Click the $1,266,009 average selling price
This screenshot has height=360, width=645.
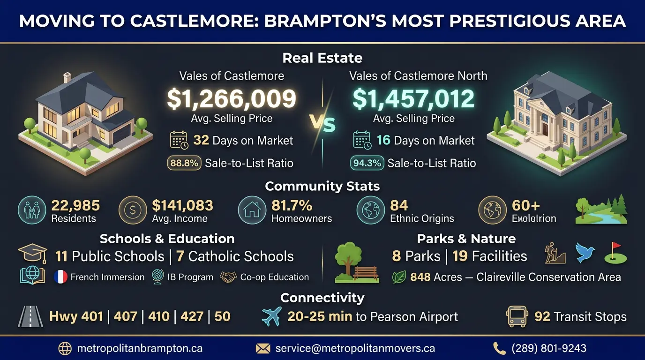(232, 99)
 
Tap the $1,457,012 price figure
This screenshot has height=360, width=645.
(413, 99)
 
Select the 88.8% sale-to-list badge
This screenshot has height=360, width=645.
(184, 163)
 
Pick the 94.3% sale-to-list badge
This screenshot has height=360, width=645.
(367, 163)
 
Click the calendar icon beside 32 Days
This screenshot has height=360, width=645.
(179, 140)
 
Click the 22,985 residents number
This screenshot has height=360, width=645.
(75, 205)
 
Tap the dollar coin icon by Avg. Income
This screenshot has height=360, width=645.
(133, 210)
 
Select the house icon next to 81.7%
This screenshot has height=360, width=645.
(252, 210)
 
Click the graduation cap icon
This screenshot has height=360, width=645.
(32, 254)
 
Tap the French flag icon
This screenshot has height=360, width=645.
(61, 277)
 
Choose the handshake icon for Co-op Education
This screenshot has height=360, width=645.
(228, 277)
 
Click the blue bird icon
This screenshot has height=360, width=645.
(585, 253)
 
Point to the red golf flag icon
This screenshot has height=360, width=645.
(615, 253)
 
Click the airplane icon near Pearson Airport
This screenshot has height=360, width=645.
(271, 316)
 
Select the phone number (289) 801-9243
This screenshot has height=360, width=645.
(549, 348)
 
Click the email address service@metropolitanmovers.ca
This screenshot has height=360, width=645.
(355, 348)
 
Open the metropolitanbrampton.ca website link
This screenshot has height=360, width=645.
(139, 348)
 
